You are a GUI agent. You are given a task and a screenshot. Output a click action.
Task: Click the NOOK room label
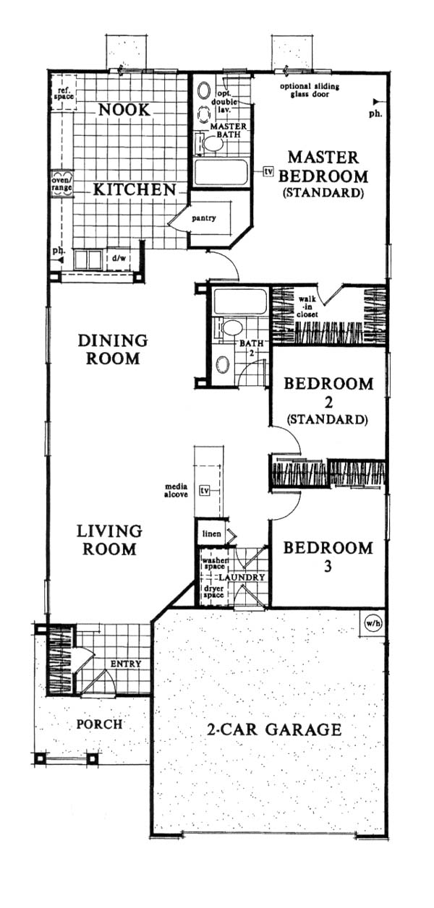click(x=124, y=110)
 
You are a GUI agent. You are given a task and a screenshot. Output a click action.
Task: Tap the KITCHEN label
click(x=135, y=189)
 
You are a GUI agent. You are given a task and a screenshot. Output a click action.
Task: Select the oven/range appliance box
click(x=62, y=184)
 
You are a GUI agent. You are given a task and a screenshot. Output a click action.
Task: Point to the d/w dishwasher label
click(x=119, y=257)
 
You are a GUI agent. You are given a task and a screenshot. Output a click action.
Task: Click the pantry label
click(x=203, y=218)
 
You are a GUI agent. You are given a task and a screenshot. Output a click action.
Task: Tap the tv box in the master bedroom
click(x=268, y=171)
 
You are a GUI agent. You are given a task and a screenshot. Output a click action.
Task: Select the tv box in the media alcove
click(x=205, y=491)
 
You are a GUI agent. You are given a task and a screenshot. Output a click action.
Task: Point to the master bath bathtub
click(x=221, y=173)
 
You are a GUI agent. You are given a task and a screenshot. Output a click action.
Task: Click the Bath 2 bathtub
click(x=239, y=301)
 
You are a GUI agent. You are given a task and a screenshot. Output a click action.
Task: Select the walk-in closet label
click(x=307, y=307)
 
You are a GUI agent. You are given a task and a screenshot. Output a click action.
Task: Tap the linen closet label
click(x=212, y=534)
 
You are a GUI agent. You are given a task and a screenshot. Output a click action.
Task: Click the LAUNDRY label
click(x=242, y=577)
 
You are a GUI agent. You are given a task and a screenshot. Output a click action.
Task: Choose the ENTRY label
click(x=126, y=664)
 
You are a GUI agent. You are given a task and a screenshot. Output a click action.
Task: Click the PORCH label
click(x=99, y=724)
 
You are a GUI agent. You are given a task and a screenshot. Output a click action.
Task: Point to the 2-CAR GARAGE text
click(x=274, y=729)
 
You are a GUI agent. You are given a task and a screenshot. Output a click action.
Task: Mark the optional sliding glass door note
click(x=310, y=90)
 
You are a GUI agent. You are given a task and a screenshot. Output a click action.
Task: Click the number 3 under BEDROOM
click(x=328, y=566)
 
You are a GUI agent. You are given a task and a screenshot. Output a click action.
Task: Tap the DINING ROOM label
click(x=113, y=349)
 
